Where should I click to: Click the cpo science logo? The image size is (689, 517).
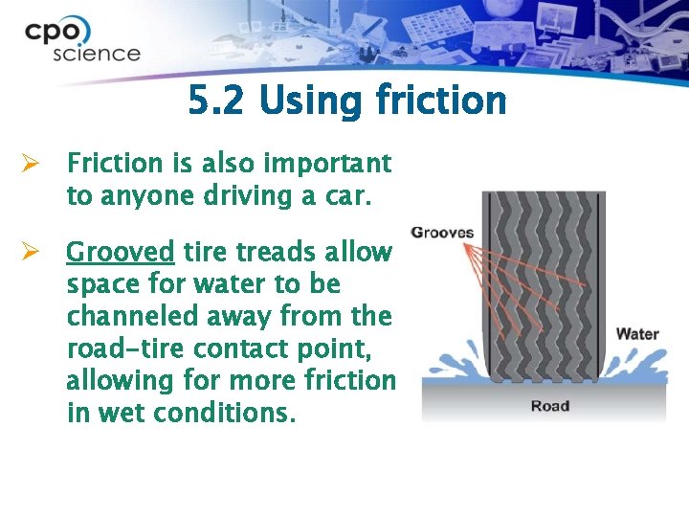(82, 40)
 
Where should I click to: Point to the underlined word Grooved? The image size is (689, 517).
(120, 253)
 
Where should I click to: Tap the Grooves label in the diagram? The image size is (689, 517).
(441, 233)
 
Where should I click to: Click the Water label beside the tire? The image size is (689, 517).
(637, 333)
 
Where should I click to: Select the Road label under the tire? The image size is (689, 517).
(550, 406)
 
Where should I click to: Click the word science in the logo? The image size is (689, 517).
(96, 54)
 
